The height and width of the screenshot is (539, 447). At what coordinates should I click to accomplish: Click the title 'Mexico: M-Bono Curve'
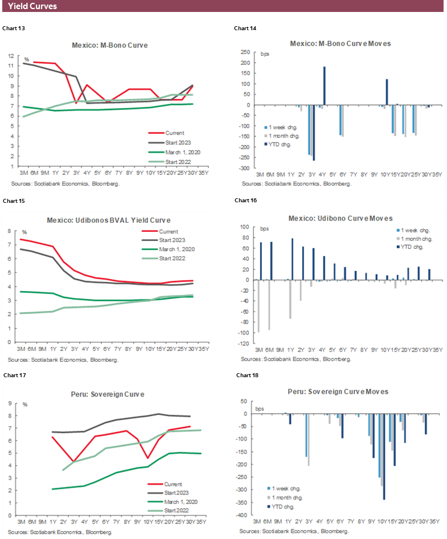pos(110,46)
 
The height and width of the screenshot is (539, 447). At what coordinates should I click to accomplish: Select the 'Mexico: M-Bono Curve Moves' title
pos(340,43)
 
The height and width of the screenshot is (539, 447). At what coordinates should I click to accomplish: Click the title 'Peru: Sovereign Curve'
pos(110,394)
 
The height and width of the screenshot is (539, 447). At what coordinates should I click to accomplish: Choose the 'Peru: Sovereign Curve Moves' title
pos(339,392)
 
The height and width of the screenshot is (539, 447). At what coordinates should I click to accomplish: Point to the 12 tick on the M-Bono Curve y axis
pos(11,56)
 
